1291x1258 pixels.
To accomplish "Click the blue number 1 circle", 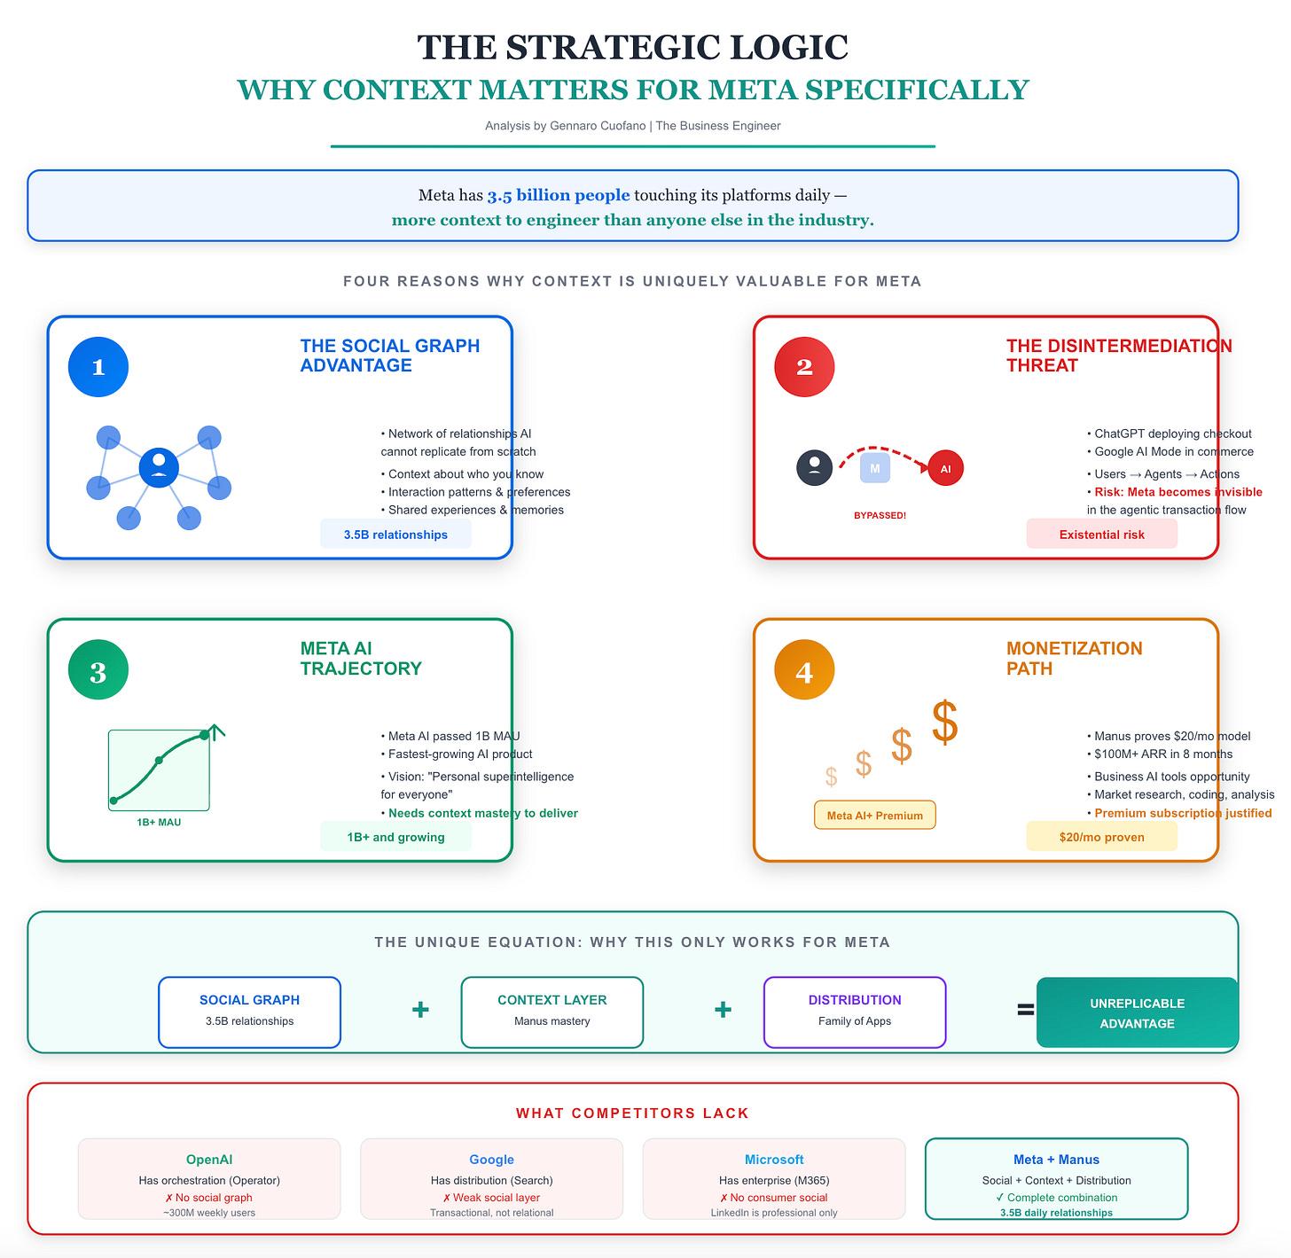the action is pyautogui.click(x=98, y=367).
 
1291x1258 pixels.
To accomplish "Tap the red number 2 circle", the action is pyautogui.click(x=804, y=367).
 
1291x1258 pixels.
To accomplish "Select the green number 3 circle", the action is pyautogui.click(x=98, y=669).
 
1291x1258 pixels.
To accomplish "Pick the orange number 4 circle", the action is pyautogui.click(x=804, y=669).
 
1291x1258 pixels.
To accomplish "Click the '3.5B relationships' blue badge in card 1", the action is pyautogui.click(x=395, y=534).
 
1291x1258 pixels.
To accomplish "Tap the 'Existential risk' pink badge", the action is pyautogui.click(x=1101, y=534).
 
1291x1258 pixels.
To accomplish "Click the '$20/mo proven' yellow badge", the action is pyautogui.click(x=1101, y=836).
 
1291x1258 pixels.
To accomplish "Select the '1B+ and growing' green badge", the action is pyautogui.click(x=395, y=836).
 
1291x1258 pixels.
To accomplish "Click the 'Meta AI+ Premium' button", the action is pyautogui.click(x=874, y=815).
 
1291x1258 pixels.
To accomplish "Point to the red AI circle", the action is pyautogui.click(x=945, y=468).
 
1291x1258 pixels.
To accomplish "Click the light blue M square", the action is pyautogui.click(x=874, y=468).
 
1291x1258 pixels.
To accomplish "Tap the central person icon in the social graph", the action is pyautogui.click(x=159, y=467).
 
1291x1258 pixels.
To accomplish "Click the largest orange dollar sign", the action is pyautogui.click(x=944, y=722).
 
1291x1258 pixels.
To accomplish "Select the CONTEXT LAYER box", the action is pyautogui.click(x=552, y=1012).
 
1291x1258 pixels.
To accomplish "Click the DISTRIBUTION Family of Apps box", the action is pyautogui.click(x=855, y=1012).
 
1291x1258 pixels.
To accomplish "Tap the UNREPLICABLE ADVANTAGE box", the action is pyautogui.click(x=1137, y=1012).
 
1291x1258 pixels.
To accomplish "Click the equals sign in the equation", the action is pyautogui.click(x=1025, y=1010).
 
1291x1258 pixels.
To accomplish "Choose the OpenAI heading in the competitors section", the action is pyautogui.click(x=209, y=1159).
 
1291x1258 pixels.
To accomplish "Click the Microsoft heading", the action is pyautogui.click(x=773, y=1159).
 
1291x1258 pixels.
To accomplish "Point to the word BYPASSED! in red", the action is pyautogui.click(x=880, y=515).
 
